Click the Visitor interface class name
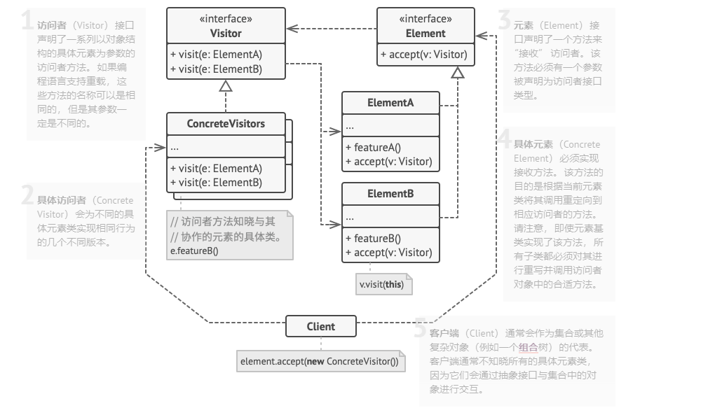(x=226, y=33)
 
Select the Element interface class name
(x=425, y=33)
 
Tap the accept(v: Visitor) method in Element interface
(x=424, y=55)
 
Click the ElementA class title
(x=390, y=103)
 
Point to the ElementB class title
(x=390, y=194)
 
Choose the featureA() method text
(x=373, y=148)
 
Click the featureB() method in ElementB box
(x=373, y=239)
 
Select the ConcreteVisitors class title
(x=226, y=124)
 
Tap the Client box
(x=321, y=326)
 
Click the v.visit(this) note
(x=384, y=285)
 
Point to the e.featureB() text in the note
(x=195, y=251)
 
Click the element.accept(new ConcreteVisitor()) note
(x=319, y=362)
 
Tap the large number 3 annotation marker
(x=503, y=21)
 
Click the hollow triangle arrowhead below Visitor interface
(x=226, y=86)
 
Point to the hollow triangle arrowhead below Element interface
(x=458, y=72)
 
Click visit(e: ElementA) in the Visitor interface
(x=216, y=55)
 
